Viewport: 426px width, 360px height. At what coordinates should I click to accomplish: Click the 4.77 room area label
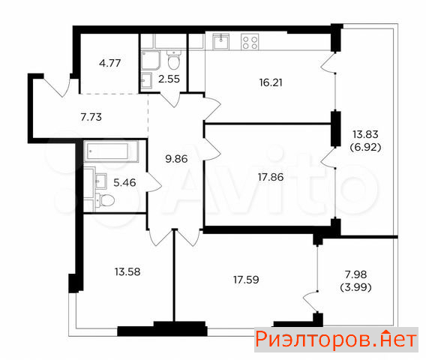(x=109, y=63)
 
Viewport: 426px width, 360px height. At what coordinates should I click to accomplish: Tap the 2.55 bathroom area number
(x=169, y=79)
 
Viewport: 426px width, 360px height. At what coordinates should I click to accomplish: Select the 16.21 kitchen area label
(x=271, y=82)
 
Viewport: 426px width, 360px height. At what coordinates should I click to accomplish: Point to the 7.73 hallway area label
(x=91, y=117)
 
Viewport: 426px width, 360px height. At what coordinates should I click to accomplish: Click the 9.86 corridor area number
(x=176, y=159)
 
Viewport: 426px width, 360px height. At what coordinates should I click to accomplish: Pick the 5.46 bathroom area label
(x=124, y=182)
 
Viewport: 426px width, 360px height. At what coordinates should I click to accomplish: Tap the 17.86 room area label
(x=271, y=177)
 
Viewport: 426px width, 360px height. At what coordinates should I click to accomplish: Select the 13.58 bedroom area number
(x=127, y=271)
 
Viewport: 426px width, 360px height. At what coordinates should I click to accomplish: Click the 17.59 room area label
(x=246, y=280)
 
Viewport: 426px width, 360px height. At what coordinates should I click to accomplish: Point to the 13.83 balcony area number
(x=365, y=134)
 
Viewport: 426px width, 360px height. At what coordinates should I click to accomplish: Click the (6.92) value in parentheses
(x=365, y=147)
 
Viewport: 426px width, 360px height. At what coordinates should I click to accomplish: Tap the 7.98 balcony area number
(x=355, y=274)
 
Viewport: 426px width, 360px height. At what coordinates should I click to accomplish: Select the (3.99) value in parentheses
(x=355, y=287)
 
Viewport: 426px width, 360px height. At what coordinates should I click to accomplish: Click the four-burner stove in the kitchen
(x=250, y=42)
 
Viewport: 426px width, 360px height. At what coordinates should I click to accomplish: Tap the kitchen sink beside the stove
(x=221, y=42)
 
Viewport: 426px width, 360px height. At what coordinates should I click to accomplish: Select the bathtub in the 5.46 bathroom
(x=111, y=151)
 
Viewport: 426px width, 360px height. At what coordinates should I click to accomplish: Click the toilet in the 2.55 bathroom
(x=173, y=60)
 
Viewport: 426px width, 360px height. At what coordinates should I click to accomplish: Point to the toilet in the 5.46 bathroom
(x=104, y=201)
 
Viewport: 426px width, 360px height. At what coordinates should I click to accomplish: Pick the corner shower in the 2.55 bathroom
(x=151, y=60)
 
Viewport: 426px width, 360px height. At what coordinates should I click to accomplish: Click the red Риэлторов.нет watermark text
(x=336, y=340)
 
